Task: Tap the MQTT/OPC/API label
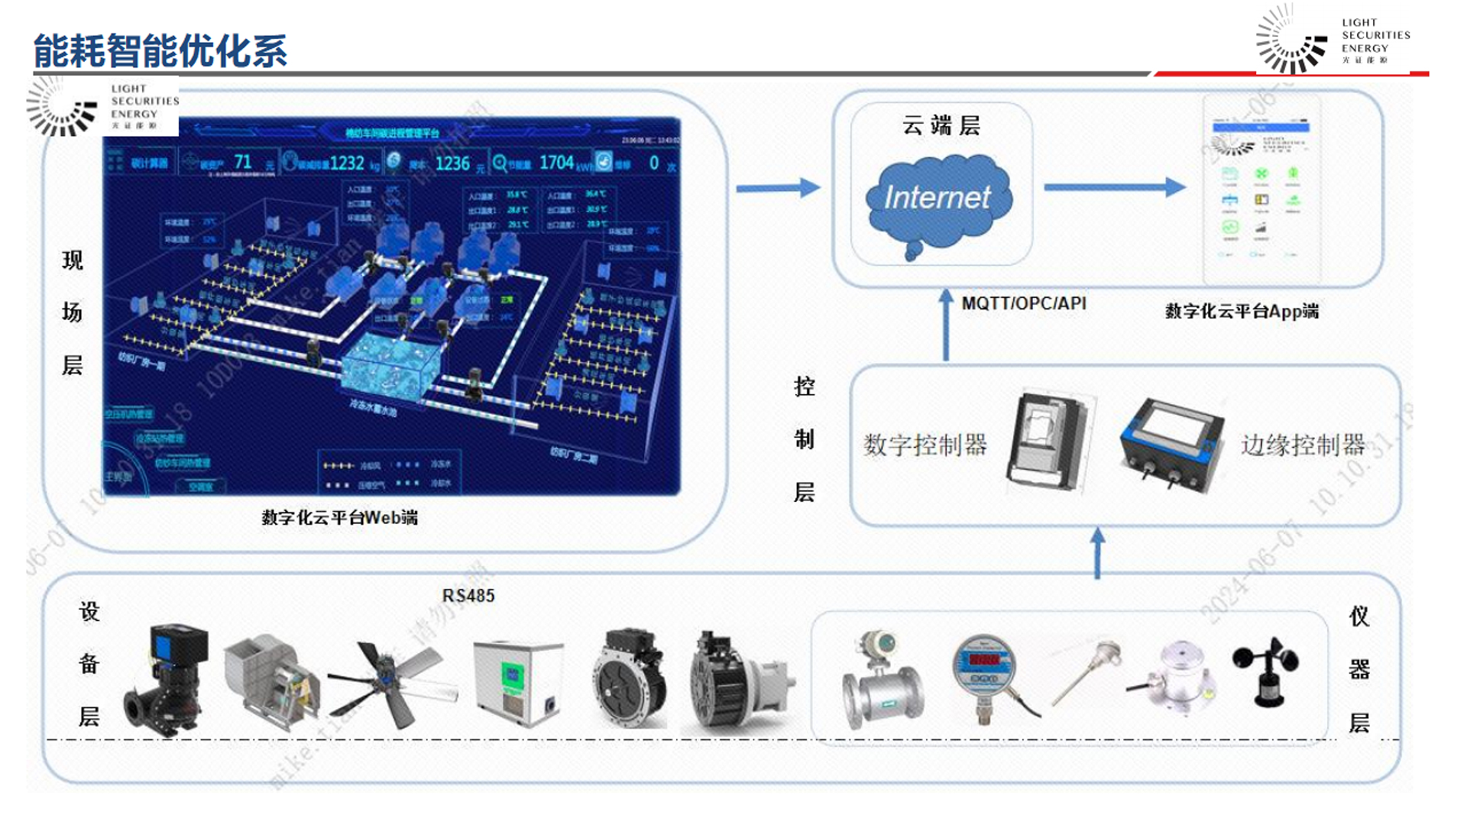1023,303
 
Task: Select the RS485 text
468,596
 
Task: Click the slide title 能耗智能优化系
160,51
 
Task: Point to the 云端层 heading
941,125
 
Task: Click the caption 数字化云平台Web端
339,518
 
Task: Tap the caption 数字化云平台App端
1242,311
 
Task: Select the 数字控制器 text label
925,445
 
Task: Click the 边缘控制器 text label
1303,445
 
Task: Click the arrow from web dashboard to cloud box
777,188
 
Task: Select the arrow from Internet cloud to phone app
1114,187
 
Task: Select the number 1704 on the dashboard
556,163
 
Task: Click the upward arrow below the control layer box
1097,554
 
